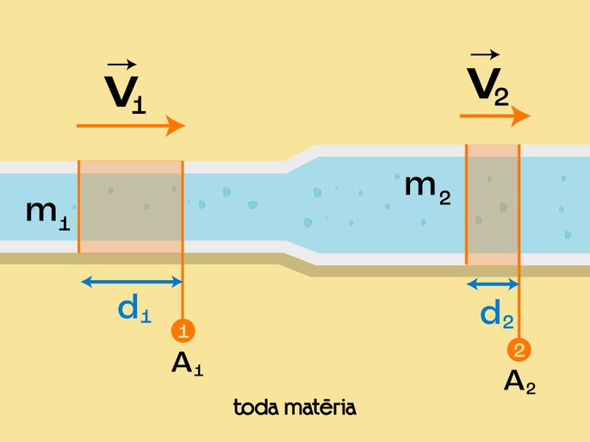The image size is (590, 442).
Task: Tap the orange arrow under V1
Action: [131, 126]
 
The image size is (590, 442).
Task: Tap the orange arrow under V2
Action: [494, 115]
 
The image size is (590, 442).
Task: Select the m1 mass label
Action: [47, 212]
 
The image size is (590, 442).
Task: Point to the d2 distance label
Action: [497, 315]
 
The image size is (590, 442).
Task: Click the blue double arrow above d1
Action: [131, 281]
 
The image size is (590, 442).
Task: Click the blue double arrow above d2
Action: [493, 283]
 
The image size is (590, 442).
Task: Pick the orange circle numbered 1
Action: [183, 330]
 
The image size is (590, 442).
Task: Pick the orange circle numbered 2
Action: [519, 350]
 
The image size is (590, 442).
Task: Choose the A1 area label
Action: [187, 364]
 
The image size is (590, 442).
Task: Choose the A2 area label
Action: [519, 382]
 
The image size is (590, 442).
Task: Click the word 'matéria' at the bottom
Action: [324, 406]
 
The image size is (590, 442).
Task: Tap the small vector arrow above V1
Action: [121, 64]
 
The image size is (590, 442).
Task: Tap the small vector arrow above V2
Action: [484, 54]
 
